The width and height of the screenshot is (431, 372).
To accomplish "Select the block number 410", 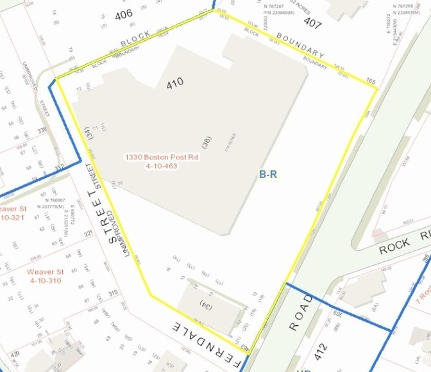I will (x=174, y=83).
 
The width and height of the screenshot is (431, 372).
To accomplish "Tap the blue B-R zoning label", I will (x=267, y=174).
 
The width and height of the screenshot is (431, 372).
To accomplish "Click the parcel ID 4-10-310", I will (x=45, y=280).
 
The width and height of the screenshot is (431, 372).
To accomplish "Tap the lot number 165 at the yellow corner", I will (x=371, y=81).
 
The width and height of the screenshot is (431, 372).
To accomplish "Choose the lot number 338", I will (x=42, y=130).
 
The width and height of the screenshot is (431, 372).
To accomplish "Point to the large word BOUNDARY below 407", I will (x=300, y=47).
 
